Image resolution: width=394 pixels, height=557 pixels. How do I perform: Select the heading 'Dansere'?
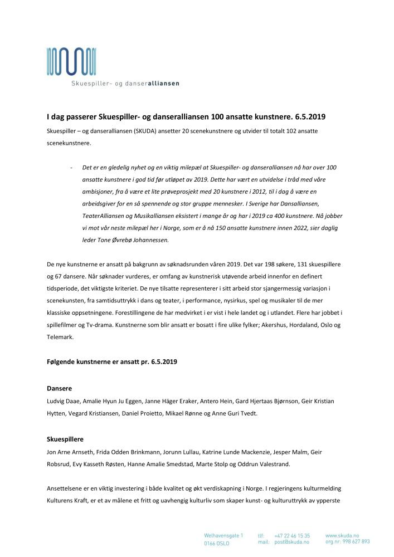[x=60, y=388]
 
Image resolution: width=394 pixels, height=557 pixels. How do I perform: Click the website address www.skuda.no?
[x=342, y=535]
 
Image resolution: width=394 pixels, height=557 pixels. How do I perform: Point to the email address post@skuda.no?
[x=292, y=541]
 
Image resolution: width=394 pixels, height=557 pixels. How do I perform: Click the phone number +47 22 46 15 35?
[x=292, y=535]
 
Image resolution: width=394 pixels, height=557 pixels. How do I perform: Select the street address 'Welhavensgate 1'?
[x=223, y=535]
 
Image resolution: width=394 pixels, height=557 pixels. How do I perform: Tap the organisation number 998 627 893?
[x=357, y=541]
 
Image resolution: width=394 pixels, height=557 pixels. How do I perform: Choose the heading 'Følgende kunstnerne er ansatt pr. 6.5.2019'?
[x=111, y=361]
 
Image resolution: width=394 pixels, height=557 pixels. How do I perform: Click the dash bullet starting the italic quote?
[x=71, y=167]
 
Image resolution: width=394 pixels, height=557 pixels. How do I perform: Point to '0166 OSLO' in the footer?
[x=217, y=542]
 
